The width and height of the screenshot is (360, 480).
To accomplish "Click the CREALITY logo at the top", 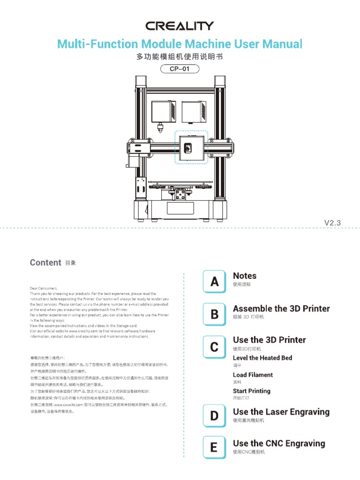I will pyautogui.click(x=180, y=26).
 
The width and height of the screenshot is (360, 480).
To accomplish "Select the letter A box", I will pyautogui.click(x=214, y=282).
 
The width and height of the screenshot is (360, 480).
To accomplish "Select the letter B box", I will pyautogui.click(x=214, y=315).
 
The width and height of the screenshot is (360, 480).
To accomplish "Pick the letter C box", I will pyautogui.click(x=214, y=347).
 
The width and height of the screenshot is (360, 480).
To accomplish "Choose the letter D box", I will pyautogui.click(x=214, y=415).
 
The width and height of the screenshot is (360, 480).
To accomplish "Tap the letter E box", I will pyautogui.click(x=214, y=447).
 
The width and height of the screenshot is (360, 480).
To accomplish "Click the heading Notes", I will pyautogui.click(x=245, y=276).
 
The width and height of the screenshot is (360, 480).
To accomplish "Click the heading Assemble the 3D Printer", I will pyautogui.click(x=281, y=308).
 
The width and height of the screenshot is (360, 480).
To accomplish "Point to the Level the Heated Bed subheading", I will pyautogui.click(x=262, y=358).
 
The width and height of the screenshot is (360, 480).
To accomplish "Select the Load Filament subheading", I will pyautogui.click(x=253, y=375).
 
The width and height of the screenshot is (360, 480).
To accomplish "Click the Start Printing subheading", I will pyautogui.click(x=252, y=391).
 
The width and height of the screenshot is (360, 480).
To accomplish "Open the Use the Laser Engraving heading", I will pyautogui.click(x=281, y=412).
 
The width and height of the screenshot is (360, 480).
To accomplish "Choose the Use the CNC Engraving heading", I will pyautogui.click(x=279, y=443).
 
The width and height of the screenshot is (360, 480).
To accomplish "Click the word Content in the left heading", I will pyautogui.click(x=45, y=262).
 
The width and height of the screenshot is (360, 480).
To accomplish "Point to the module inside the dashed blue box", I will pyautogui.click(x=191, y=147).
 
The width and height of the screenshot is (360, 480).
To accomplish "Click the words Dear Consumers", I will pyautogui.click(x=44, y=288).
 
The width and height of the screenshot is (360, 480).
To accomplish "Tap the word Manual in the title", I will pyautogui.click(x=281, y=44).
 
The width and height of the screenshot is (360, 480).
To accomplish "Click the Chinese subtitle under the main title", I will pyautogui.click(x=180, y=57).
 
